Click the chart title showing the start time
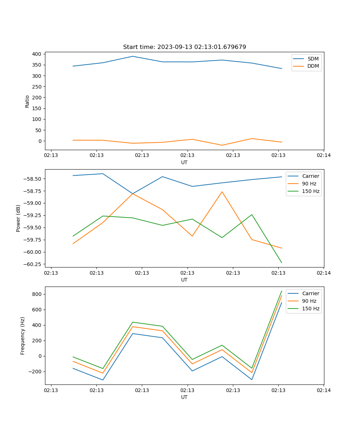(x=184, y=47)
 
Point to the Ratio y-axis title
(x=27, y=102)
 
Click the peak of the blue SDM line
(x=132, y=56)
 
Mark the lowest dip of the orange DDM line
(x=222, y=145)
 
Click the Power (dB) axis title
(x=18, y=218)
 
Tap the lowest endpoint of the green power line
(x=282, y=263)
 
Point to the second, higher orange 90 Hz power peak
(x=222, y=192)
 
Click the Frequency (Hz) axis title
(x=23, y=336)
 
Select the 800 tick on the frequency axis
(x=37, y=294)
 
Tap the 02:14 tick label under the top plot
(x=323, y=156)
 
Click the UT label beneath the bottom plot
(x=184, y=397)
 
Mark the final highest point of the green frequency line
(x=282, y=291)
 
